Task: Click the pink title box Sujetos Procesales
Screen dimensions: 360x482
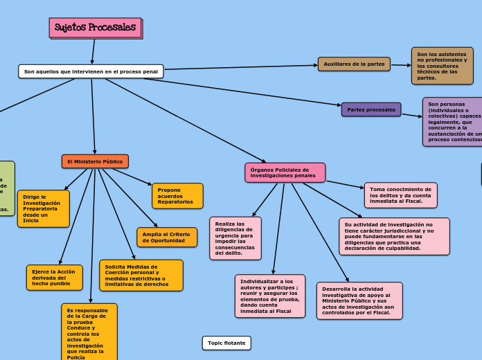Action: [95, 28]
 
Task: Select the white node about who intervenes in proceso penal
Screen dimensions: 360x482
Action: [91, 71]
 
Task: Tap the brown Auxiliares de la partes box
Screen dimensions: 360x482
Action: [354, 64]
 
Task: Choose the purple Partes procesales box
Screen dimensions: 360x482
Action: [371, 109]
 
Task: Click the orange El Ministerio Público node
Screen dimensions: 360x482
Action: [95, 161]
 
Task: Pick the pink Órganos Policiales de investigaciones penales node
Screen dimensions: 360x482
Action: [285, 172]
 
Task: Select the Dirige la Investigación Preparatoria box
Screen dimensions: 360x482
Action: [44, 208]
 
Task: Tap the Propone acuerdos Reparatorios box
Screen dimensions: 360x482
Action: [177, 196]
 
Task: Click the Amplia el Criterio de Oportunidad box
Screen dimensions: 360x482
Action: [167, 237]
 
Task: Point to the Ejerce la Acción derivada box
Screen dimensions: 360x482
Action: [54, 278]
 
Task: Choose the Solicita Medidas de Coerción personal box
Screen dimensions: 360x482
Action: [141, 276]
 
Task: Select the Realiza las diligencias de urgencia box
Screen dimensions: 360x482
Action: [235, 238]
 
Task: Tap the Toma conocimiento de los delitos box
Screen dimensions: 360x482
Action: [400, 195]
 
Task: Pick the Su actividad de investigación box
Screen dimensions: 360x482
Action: [394, 236]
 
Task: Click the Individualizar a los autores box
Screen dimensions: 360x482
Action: [270, 296]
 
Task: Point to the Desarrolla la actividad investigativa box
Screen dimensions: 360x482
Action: [359, 300]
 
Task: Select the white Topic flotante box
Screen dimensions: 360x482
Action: [226, 343]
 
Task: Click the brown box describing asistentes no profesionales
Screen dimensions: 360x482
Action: [442, 66]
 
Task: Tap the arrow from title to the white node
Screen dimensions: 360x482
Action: [93, 51]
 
